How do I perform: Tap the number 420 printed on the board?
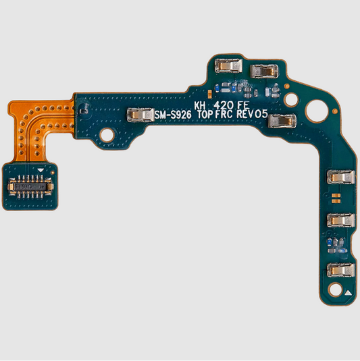[x=224, y=105]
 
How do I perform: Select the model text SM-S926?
[x=174, y=116]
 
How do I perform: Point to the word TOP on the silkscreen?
[x=207, y=116]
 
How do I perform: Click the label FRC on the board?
[x=228, y=116]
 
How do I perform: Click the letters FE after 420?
[x=243, y=105]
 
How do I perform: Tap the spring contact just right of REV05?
[x=279, y=122]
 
